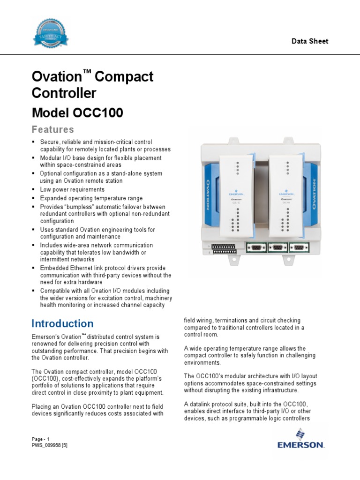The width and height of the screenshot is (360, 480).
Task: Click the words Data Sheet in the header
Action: point(310,41)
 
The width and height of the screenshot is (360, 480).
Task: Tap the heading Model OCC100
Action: point(77,113)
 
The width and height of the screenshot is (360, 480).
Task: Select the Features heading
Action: point(52,129)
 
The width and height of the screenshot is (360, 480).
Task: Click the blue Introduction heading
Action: point(62,323)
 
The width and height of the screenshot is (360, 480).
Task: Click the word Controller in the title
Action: point(64,93)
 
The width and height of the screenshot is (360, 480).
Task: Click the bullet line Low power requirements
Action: point(72,189)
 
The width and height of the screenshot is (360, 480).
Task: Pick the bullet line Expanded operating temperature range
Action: point(91,198)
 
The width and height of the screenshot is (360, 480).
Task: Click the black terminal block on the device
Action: point(224,248)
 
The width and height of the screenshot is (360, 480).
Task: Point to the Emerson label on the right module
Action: point(286,192)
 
